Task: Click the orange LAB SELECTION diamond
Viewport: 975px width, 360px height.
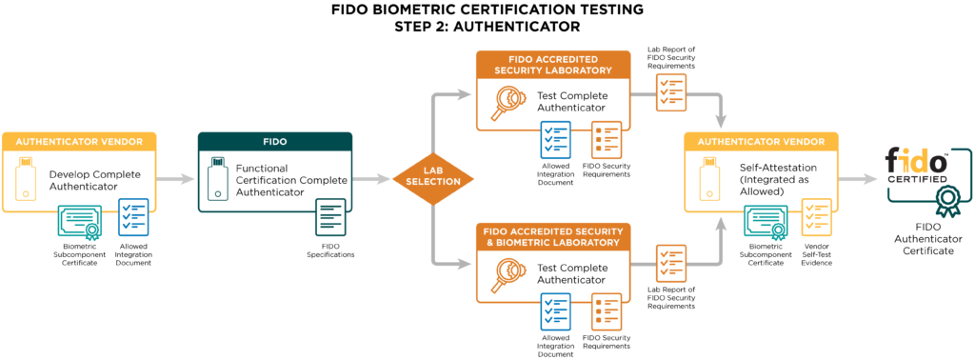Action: click(433, 177)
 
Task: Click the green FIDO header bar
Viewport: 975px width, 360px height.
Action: click(275, 141)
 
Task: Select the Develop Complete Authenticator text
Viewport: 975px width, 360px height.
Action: click(91, 180)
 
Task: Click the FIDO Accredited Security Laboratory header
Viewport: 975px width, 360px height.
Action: click(552, 64)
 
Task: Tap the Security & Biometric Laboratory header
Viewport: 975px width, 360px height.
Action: click(552, 237)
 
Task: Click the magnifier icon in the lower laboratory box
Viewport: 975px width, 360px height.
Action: click(505, 275)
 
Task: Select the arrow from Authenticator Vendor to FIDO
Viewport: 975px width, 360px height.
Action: click(176, 178)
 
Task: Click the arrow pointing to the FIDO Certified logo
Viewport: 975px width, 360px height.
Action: click(860, 178)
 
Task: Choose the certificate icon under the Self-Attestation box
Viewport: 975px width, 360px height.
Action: click(765, 222)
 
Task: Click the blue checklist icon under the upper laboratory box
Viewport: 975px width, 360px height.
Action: click(556, 139)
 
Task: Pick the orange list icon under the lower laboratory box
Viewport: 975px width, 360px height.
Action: click(607, 311)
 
